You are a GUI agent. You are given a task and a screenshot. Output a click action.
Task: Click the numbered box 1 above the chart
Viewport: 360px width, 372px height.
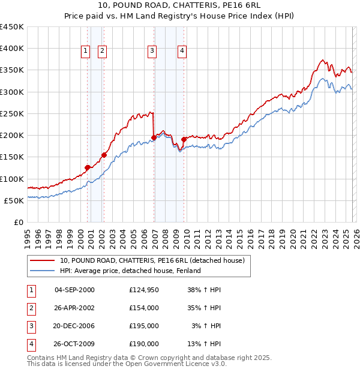coord(86,52)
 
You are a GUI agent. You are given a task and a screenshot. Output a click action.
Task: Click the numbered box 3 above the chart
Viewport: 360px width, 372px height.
coord(152,52)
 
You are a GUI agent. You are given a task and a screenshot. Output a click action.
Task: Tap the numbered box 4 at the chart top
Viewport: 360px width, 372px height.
coord(181,52)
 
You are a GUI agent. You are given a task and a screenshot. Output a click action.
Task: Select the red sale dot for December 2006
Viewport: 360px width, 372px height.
coord(154,137)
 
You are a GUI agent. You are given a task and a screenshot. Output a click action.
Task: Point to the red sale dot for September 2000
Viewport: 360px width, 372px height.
coord(88,167)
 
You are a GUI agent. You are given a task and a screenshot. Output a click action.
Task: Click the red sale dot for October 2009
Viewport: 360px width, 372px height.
coord(184,139)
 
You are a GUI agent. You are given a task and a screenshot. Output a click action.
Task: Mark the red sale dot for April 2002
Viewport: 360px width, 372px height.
coord(104,155)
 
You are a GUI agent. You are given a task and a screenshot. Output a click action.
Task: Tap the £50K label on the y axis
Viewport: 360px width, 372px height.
coord(14,200)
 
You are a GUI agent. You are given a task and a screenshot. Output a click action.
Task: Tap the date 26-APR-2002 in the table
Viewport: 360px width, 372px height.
coord(74,307)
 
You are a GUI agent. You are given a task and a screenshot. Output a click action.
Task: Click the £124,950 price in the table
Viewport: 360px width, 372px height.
coord(144,289)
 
